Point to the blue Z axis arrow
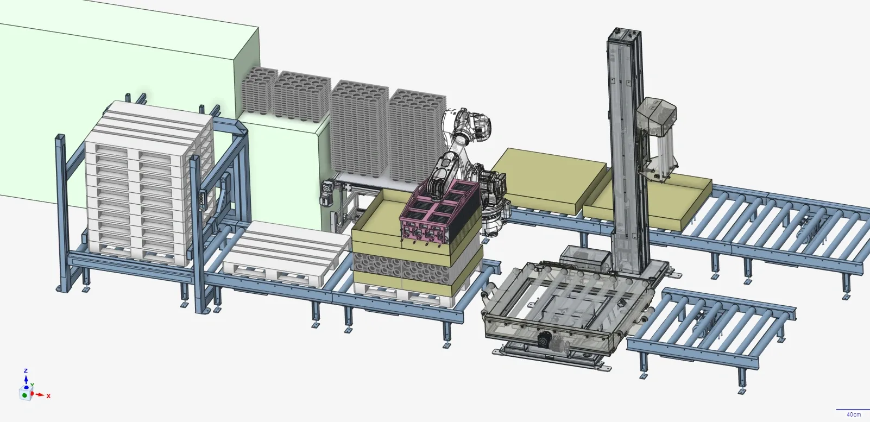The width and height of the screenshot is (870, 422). click(x=26, y=377)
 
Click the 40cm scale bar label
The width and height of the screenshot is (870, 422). click(x=853, y=414)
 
